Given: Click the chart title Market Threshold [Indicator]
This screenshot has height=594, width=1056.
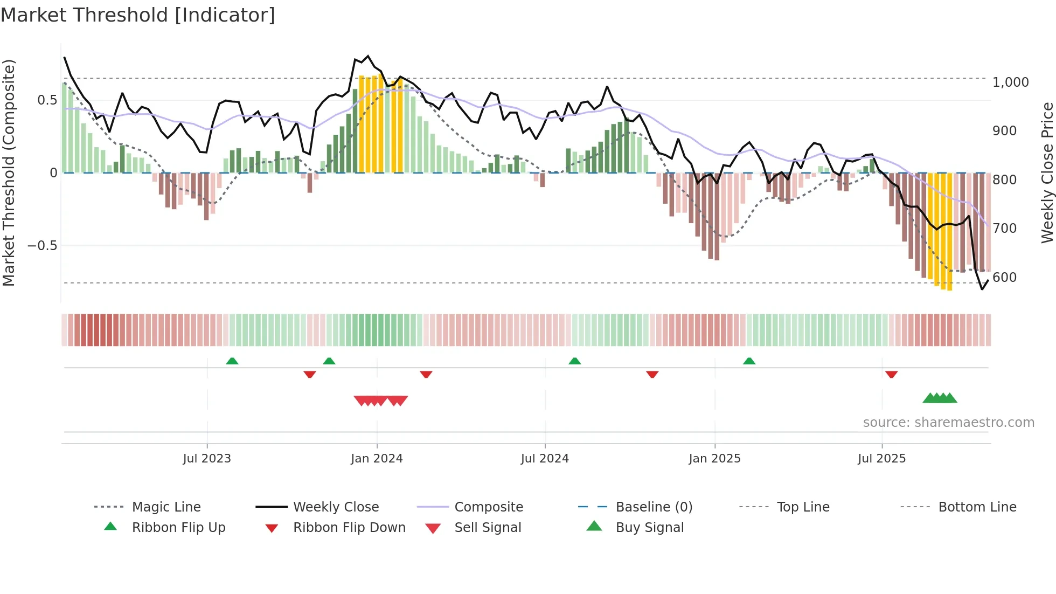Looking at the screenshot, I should pyautogui.click(x=138, y=15).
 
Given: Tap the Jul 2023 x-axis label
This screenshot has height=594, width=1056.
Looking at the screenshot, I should pyautogui.click(x=207, y=459).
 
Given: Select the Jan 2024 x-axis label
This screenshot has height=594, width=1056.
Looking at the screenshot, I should pyautogui.click(x=377, y=459).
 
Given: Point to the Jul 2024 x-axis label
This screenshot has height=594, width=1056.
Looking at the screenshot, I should pyautogui.click(x=545, y=459).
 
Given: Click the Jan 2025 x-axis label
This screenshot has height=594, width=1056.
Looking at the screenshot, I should pyautogui.click(x=714, y=459).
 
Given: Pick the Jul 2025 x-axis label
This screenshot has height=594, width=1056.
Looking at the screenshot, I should pyautogui.click(x=881, y=459).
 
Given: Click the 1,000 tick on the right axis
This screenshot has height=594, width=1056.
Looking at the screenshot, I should pyautogui.click(x=1010, y=82).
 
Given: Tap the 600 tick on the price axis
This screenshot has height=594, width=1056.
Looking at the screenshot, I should pyautogui.click(x=1004, y=278).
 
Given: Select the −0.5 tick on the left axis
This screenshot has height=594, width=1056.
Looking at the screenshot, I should pyautogui.click(x=42, y=246).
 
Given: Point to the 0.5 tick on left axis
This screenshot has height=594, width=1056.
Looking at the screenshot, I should pyautogui.click(x=47, y=100).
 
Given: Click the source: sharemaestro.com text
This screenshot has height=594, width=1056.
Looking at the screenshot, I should pyautogui.click(x=948, y=423).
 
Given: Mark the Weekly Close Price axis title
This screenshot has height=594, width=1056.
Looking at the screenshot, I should pyautogui.click(x=1047, y=172).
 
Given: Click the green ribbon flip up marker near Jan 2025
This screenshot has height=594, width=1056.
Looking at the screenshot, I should pyautogui.click(x=749, y=361).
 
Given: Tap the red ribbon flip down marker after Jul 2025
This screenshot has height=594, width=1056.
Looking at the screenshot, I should pyautogui.click(x=891, y=374).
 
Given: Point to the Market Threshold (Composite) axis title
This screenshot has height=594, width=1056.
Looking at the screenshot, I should pyautogui.click(x=9, y=172).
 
